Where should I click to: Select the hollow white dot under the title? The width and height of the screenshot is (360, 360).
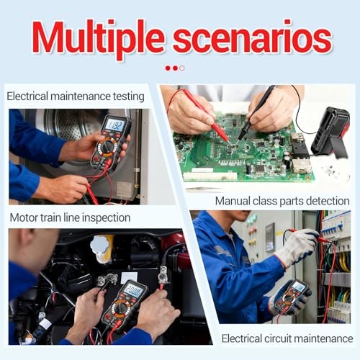[x=182, y=68]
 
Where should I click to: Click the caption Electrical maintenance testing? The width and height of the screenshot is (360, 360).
[x=76, y=96]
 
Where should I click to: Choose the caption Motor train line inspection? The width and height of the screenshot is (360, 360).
[x=70, y=217]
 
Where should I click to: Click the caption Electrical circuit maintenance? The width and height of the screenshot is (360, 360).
[x=287, y=338]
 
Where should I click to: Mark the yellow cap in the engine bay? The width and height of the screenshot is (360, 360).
[x=102, y=248]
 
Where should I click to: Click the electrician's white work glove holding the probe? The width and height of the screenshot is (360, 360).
[x=295, y=248]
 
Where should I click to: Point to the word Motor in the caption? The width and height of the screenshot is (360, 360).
[x=24, y=217]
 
